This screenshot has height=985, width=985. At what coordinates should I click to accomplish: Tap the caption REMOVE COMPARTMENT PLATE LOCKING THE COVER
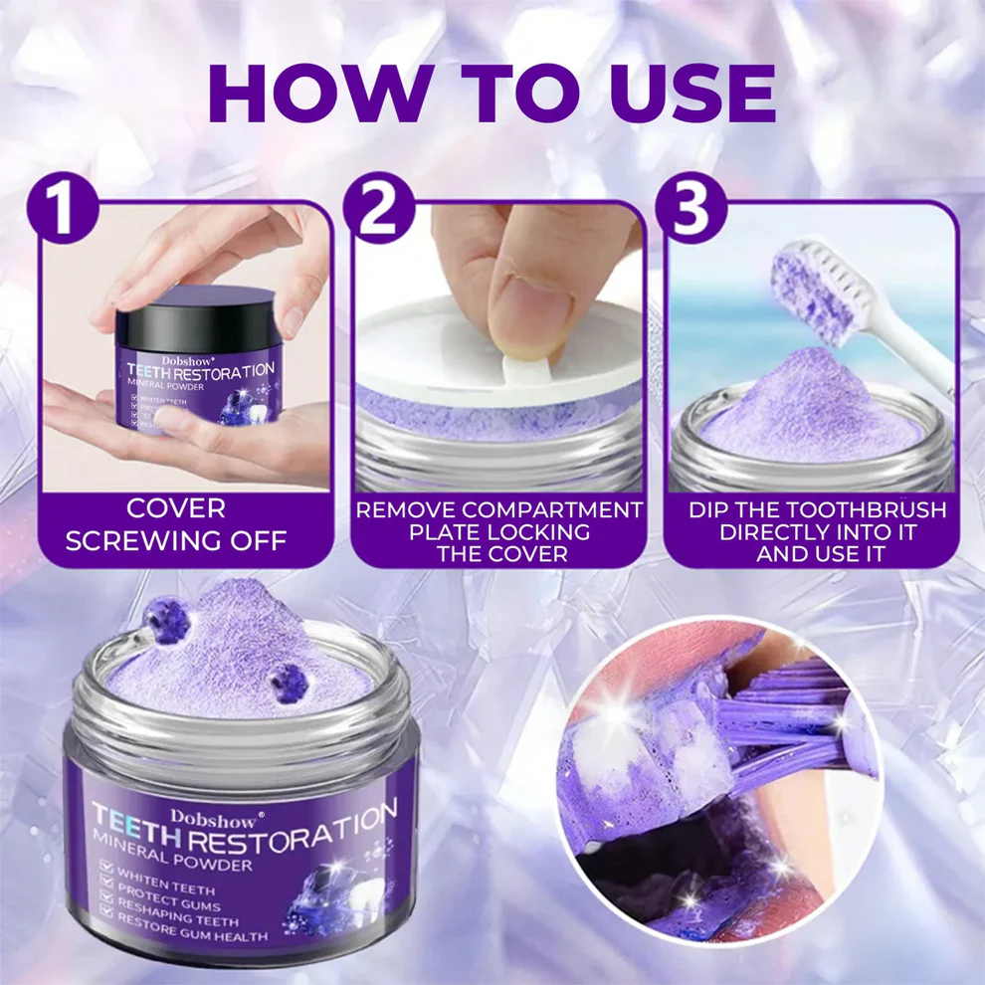(499, 532)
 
